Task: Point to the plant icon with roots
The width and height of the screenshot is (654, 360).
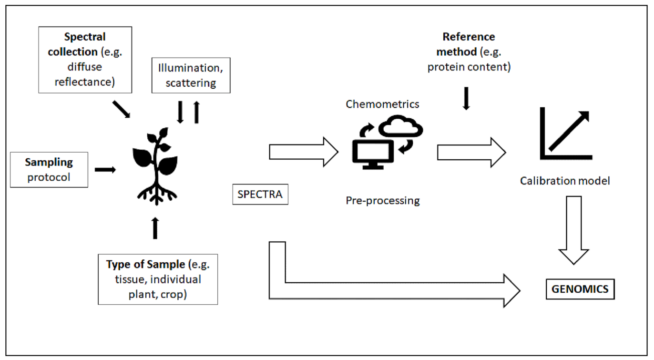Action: (x=156, y=166)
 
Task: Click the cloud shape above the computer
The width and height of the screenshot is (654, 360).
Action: (x=400, y=126)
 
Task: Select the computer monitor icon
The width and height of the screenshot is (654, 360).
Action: (x=373, y=154)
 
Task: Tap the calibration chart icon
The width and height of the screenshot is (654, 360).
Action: (x=566, y=134)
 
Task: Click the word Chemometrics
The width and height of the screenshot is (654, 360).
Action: (x=382, y=104)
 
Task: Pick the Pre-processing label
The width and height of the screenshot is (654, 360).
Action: (x=383, y=201)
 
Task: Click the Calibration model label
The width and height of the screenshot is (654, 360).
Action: (x=565, y=181)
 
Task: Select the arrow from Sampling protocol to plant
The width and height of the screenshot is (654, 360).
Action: (x=105, y=170)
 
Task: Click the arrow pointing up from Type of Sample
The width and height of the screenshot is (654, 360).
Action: (x=155, y=228)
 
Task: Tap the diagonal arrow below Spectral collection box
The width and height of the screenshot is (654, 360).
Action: (x=122, y=109)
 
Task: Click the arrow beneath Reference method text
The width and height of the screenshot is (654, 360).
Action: (x=466, y=98)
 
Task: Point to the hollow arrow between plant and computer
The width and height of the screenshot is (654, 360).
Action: (x=304, y=152)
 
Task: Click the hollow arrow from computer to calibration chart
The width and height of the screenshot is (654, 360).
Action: (x=471, y=153)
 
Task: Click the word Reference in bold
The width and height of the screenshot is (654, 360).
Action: (x=469, y=37)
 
